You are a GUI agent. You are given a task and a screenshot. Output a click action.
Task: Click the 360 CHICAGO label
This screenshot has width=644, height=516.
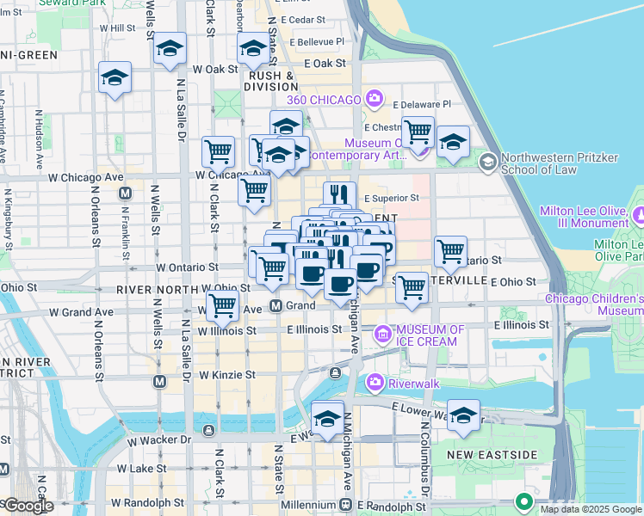[324, 100]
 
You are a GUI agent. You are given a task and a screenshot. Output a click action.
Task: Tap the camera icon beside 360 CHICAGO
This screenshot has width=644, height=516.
[374, 99]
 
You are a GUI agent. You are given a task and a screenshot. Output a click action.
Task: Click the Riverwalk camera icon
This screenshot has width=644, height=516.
[374, 381]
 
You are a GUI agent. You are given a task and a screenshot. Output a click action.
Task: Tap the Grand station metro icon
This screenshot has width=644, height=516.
[276, 305]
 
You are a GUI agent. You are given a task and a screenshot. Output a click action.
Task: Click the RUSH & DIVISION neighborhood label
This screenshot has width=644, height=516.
[271, 81]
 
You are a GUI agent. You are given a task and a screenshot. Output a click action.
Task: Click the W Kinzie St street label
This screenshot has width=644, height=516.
[226, 375]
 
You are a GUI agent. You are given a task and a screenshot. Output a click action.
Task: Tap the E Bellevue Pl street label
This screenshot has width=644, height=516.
[317, 41]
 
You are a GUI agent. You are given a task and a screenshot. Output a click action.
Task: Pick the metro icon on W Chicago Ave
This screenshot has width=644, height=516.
[126, 193]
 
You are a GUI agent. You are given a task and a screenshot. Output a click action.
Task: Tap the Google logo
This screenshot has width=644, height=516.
[28, 507]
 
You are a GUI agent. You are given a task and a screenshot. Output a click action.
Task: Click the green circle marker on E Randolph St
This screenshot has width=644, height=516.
[523, 501]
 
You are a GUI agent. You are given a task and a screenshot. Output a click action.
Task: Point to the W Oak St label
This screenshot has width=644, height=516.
[215, 69]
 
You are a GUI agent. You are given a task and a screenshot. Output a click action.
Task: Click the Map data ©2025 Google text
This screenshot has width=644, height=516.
[590, 509]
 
